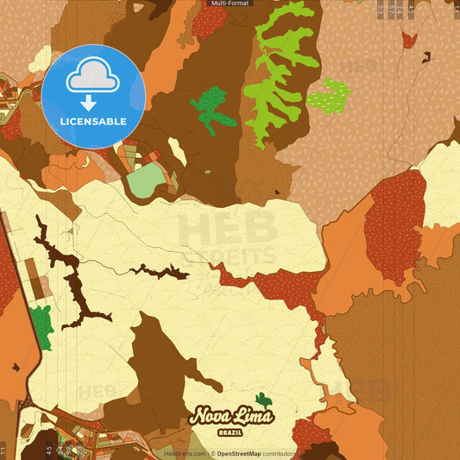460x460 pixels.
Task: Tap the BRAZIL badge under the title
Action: pos(230,431)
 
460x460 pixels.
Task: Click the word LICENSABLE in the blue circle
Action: pos(93,121)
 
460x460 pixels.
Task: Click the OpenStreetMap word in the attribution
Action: pos(238,452)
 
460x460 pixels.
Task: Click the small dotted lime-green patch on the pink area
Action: pos(329,94)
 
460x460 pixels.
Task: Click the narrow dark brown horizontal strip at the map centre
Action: pos(160,272)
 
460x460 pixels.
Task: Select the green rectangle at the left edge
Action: pos(41,323)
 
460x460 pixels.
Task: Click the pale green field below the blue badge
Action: pos(145,180)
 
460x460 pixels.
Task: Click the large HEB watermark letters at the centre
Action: pos(227,231)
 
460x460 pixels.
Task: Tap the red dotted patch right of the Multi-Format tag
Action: pos(209,21)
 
